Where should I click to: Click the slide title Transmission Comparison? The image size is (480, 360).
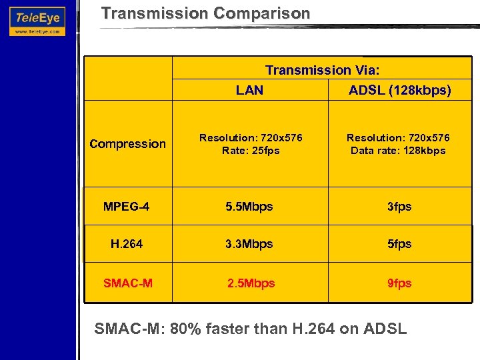pos(205,13)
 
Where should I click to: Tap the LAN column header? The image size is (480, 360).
pos(250,91)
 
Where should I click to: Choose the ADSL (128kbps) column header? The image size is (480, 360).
pos(399,91)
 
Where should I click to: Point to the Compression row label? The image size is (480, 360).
pos(127,144)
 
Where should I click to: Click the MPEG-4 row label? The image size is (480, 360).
pos(127,207)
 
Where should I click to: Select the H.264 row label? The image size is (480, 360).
pos(127,244)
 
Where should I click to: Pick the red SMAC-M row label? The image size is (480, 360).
pos(127,283)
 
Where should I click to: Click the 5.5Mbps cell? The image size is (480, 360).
pos(250,207)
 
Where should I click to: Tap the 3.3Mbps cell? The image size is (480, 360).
pos(250,244)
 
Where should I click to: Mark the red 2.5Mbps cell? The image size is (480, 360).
pos(251,283)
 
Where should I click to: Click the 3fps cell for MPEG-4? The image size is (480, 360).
pos(399,207)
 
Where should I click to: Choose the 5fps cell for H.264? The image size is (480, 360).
pos(399,244)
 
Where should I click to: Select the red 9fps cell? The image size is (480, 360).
pos(399,283)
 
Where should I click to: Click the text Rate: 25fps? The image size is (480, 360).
pos(251,151)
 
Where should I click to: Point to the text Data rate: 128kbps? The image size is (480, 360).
pos(398,151)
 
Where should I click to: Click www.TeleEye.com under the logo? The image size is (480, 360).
pos(37,31)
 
